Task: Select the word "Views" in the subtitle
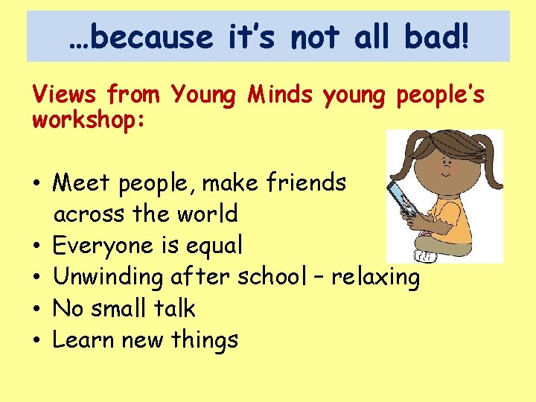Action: point(65,95)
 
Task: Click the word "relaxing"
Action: point(375,278)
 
